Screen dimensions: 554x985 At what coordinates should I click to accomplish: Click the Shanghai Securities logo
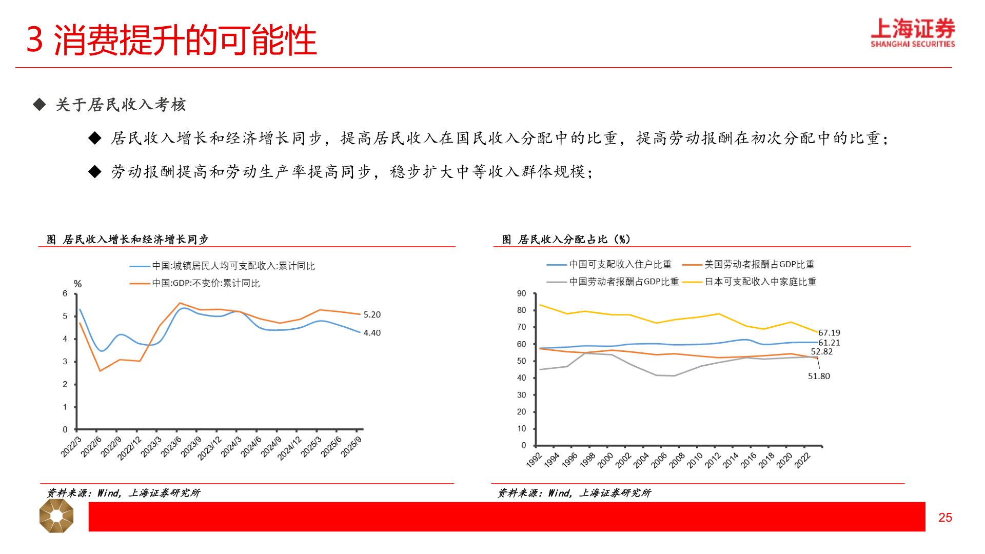912,33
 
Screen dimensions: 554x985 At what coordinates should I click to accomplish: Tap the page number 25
945,518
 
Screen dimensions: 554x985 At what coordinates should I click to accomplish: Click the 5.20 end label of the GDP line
372,314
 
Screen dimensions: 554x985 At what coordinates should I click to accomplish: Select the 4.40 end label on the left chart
372,333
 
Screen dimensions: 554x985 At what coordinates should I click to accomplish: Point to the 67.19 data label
829,333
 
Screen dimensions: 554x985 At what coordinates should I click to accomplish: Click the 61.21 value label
829,343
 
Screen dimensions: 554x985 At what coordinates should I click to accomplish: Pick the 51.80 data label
819,376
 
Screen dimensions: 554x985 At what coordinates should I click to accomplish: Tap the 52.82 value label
821,352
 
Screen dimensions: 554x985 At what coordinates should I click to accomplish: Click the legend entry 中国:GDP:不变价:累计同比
206,283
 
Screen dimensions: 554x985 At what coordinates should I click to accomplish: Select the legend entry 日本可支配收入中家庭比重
760,282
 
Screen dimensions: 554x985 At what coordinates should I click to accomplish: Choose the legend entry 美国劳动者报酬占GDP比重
759,265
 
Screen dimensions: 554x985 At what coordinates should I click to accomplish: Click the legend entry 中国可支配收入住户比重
620,265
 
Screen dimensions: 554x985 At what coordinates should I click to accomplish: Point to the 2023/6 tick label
171,446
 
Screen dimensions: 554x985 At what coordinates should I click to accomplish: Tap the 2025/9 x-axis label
351,446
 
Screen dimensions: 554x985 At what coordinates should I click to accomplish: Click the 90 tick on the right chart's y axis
521,294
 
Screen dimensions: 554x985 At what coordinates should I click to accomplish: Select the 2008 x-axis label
677,460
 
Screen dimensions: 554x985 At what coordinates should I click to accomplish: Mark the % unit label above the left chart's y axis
77,284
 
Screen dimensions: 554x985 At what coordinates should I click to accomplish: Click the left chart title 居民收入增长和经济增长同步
135,240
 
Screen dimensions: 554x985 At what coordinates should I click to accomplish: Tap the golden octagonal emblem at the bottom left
56,516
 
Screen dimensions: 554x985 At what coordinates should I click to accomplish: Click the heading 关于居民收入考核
121,105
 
